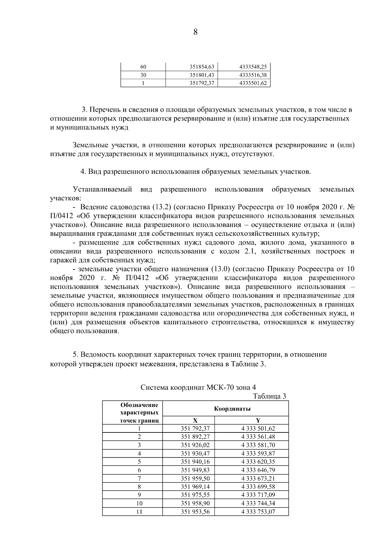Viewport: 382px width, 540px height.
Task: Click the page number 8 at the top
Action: click(x=195, y=32)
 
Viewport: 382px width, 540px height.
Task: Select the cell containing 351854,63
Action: click(x=202, y=67)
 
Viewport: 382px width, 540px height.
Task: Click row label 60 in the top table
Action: click(x=143, y=67)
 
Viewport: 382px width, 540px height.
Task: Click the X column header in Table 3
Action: click(x=195, y=420)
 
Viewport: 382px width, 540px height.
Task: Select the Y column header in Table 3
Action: click(x=258, y=420)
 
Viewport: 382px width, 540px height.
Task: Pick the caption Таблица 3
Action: click(x=269, y=396)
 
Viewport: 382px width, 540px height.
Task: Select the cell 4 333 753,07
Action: click(x=258, y=512)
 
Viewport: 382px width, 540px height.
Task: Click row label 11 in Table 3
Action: click(x=139, y=512)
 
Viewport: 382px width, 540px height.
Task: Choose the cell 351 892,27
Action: click(x=195, y=437)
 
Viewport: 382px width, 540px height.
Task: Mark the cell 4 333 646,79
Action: click(x=258, y=470)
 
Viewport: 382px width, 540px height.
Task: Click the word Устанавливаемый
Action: click(x=102, y=190)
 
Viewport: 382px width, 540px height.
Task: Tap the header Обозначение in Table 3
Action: click(x=139, y=405)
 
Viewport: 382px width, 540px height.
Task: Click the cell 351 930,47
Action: click(x=195, y=453)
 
